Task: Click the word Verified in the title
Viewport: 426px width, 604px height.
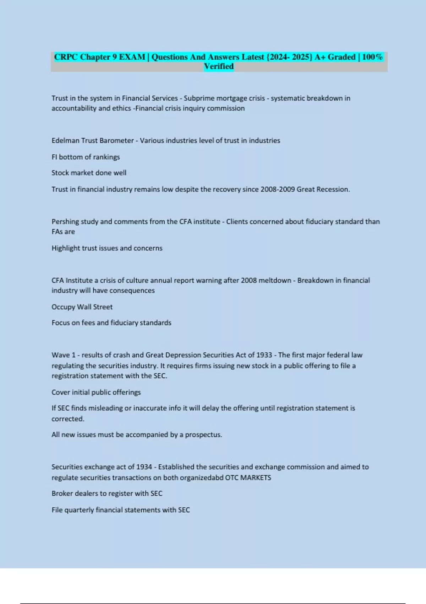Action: (219, 66)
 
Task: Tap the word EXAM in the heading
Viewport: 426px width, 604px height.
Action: (132, 57)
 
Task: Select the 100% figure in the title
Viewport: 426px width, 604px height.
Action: (372, 57)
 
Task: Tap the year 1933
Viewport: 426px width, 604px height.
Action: (264, 355)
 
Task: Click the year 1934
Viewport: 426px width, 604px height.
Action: (144, 467)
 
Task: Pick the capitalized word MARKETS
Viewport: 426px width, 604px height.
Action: (256, 478)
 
